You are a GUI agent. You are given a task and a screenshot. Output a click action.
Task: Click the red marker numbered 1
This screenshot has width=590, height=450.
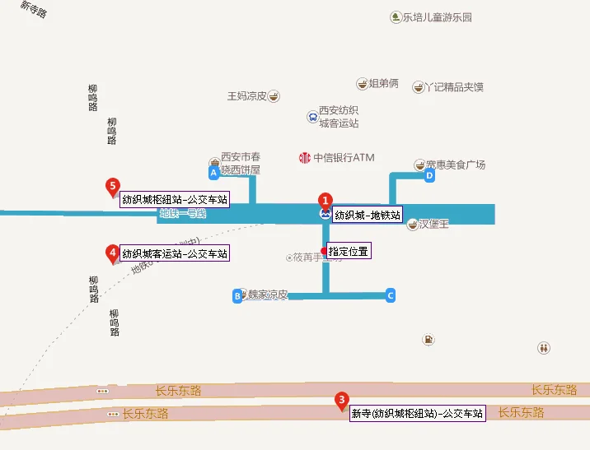click(x=325, y=200)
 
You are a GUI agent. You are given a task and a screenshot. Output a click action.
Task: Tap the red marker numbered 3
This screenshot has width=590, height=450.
click(x=341, y=401)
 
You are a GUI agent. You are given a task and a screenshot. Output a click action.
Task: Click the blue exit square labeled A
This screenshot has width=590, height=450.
click(x=214, y=173)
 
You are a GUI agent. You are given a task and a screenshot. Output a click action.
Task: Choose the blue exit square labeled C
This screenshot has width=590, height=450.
click(x=391, y=295)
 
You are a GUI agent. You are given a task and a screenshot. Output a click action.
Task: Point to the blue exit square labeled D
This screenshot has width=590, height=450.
click(x=429, y=175)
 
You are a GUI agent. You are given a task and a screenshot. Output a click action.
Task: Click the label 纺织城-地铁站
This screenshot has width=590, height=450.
click(x=368, y=216)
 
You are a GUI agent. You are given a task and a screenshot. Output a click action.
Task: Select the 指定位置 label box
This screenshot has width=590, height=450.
click(x=348, y=251)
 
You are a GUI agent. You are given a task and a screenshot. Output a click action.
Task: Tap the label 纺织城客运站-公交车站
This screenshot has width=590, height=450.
click(x=175, y=253)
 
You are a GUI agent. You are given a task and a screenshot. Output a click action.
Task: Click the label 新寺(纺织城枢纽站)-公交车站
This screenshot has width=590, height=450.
click(x=417, y=413)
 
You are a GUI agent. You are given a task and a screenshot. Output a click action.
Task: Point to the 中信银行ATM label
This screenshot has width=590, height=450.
click(x=344, y=157)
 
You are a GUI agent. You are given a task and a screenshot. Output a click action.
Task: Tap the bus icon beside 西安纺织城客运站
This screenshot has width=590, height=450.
click(x=312, y=117)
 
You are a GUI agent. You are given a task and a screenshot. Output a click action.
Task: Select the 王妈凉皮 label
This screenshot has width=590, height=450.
click(x=247, y=96)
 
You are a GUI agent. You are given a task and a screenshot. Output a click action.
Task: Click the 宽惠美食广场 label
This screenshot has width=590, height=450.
click(x=456, y=165)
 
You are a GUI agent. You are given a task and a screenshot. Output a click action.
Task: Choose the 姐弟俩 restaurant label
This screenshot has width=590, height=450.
click(x=383, y=83)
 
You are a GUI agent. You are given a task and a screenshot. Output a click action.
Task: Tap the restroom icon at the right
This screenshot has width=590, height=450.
click(x=543, y=348)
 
